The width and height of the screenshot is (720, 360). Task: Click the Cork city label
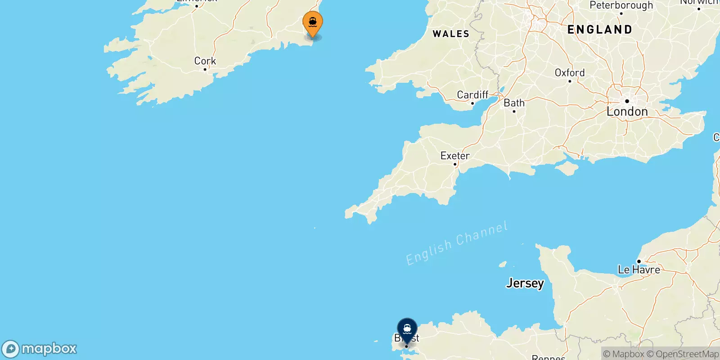click(x=205, y=61)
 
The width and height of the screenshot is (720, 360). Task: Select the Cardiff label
click(x=472, y=95)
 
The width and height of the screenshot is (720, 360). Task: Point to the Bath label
click(x=514, y=103)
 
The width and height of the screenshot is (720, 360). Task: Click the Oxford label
click(x=569, y=73)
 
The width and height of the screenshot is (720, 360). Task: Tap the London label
click(x=627, y=111)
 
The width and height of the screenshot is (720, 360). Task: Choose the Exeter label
click(x=455, y=156)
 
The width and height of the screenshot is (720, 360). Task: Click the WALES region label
click(x=450, y=34)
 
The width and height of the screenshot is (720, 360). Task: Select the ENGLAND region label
click(x=599, y=30)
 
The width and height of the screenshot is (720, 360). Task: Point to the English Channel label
click(x=456, y=243)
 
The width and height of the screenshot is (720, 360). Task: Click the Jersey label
click(x=525, y=283)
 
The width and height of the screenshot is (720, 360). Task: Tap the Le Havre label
click(x=639, y=270)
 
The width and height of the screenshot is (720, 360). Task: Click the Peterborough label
click(x=621, y=5)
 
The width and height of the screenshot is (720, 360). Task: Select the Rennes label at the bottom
click(x=548, y=357)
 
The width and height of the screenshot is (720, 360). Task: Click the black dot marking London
click(x=627, y=101)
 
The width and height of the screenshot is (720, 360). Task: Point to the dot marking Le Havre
click(x=639, y=261)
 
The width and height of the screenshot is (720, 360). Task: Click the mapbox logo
click(x=39, y=349)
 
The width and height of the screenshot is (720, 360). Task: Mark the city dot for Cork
click(x=205, y=69)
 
